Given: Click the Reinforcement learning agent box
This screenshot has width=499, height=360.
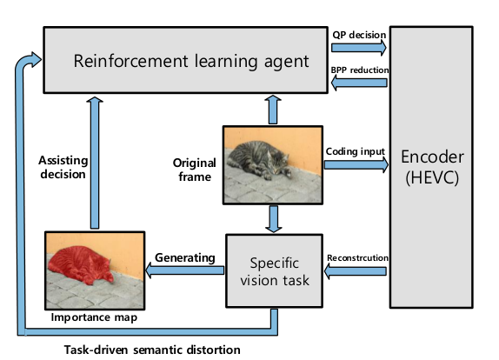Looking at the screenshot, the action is (185, 60).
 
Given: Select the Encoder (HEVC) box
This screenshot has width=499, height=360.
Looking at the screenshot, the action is (431, 167).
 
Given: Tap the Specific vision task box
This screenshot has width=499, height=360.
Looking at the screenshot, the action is (275, 271).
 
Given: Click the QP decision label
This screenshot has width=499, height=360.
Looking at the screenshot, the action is (359, 35).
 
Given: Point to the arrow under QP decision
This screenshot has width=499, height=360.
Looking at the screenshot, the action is (359, 48).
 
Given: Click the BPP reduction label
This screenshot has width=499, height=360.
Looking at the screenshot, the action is (360, 70).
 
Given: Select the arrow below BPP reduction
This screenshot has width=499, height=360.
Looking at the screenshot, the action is (359, 83).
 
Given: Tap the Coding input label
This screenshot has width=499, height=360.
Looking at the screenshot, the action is (356, 151).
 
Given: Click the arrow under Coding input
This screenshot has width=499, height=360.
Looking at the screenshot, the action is (356, 164).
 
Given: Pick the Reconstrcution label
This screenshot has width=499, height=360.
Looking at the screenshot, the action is (357, 257).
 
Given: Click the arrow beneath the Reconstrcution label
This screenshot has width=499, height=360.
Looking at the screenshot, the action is (356, 271).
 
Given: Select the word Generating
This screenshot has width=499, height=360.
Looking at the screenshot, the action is (185, 257).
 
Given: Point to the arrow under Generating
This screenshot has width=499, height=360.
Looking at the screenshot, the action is (184, 270).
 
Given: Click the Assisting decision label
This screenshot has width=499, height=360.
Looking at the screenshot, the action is (63, 168).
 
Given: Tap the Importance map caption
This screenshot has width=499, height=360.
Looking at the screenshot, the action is (94, 317).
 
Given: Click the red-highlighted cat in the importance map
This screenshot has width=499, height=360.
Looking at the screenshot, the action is (80, 265).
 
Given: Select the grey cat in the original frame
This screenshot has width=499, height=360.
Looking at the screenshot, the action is (258, 160).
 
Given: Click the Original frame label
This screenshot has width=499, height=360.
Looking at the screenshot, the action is (195, 170).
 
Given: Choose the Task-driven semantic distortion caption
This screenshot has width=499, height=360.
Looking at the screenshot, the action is (152, 350).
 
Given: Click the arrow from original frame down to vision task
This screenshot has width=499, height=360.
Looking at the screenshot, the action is (273, 219).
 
